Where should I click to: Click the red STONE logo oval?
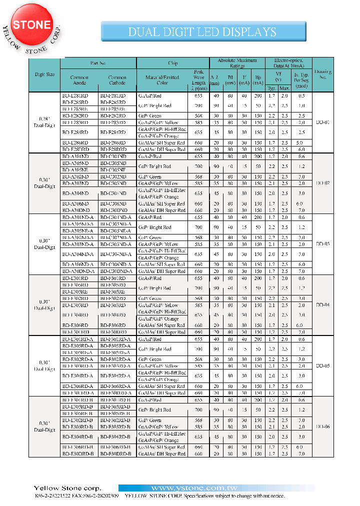(32, 25)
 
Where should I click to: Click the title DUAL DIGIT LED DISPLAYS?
(202, 32)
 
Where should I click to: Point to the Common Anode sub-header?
(79, 80)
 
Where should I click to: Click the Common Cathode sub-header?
(117, 80)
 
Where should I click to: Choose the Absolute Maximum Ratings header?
(237, 63)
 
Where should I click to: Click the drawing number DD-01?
(323, 122)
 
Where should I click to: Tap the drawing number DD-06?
(323, 426)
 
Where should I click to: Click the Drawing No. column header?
(323, 74)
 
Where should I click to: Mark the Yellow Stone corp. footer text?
(67, 488)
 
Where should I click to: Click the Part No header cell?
(98, 63)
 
